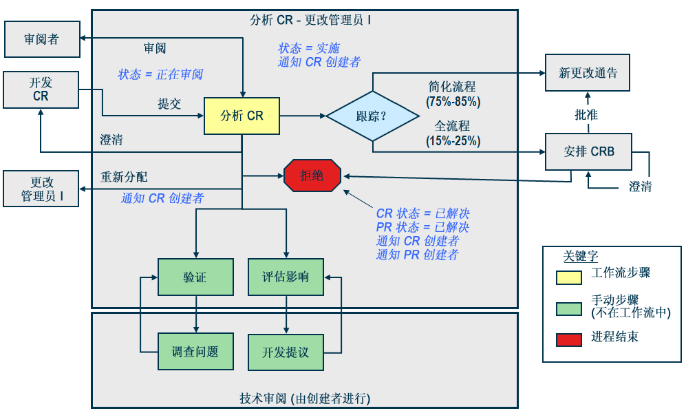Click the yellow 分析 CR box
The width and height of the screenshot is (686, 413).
(x=242, y=116)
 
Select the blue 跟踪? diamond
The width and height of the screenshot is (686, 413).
(x=372, y=116)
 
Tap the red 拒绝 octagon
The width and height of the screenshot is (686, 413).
(x=312, y=176)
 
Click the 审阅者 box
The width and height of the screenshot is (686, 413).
(x=41, y=39)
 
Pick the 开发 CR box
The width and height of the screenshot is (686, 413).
(x=41, y=89)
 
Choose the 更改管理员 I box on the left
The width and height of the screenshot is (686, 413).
(x=41, y=189)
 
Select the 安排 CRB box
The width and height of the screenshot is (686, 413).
(x=588, y=151)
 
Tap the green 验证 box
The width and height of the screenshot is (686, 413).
(x=195, y=277)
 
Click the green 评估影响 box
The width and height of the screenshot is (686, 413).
(x=285, y=277)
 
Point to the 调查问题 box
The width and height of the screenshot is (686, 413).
(x=195, y=352)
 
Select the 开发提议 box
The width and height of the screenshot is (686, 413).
(x=285, y=352)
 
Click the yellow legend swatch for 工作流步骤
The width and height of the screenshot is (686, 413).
(x=568, y=276)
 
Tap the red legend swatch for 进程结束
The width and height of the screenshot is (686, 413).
(x=568, y=339)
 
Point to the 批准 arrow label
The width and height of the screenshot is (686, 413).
(x=586, y=114)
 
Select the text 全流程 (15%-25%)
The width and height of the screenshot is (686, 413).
(x=452, y=134)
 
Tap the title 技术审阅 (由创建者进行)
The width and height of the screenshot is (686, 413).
(x=305, y=399)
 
